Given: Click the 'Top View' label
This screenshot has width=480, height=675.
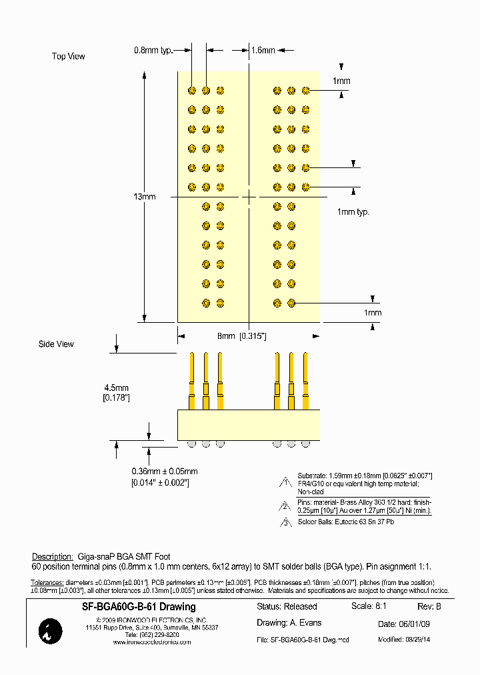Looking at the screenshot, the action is pos(69,57).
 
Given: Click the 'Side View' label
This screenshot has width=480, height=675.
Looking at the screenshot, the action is pos(56,344).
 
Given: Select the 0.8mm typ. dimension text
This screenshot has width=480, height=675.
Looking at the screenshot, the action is pos(153,50).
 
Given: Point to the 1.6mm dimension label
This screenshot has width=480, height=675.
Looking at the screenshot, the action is pos(263,50).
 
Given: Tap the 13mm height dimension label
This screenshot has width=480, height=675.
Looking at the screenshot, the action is pos(144,197).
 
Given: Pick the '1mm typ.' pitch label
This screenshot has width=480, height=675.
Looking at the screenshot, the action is pos(353,212).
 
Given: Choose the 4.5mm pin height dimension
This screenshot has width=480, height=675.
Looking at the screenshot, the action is pos(116,392).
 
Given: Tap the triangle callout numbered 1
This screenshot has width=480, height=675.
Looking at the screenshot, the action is pos(285,482).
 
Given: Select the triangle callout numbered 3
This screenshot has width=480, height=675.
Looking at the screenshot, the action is pos(285,522).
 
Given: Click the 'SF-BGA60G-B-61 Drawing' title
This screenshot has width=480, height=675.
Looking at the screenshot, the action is pos(139,607).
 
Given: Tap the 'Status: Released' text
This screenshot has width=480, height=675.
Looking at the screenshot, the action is pos(287,607).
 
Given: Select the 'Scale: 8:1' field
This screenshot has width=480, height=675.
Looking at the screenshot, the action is pos(369,606).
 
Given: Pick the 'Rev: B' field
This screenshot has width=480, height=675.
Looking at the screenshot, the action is pos(429,607).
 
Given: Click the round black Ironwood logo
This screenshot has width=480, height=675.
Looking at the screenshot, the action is pos(51,631).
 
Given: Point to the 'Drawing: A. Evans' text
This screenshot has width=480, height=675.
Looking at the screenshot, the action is pos(289,623).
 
